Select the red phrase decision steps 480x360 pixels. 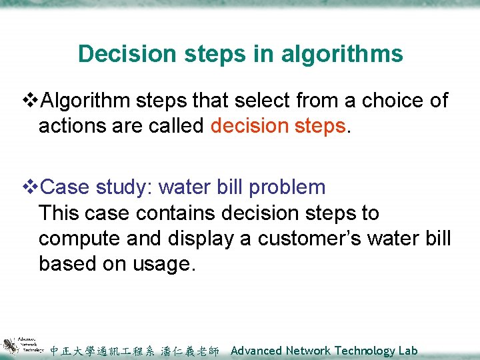(x=278, y=126)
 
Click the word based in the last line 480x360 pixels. (x=67, y=264)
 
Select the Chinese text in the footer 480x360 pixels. (x=134, y=351)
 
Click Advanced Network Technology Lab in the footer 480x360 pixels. (x=324, y=351)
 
